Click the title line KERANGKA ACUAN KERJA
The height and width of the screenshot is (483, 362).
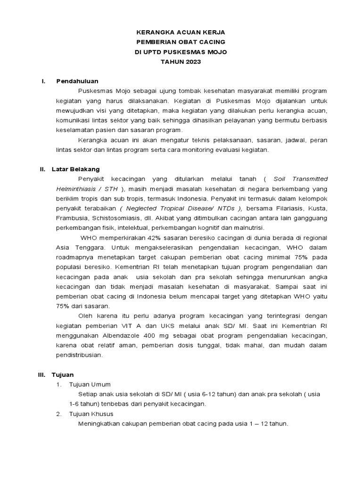click(x=181, y=33)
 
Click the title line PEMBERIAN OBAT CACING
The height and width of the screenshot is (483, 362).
click(x=181, y=42)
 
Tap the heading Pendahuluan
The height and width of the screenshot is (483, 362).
click(x=77, y=81)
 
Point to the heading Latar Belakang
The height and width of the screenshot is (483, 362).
click(x=75, y=169)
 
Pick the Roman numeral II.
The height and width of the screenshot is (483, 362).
click(x=42, y=169)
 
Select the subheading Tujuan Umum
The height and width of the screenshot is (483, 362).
click(x=90, y=384)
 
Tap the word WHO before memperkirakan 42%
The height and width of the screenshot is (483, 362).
click(x=90, y=237)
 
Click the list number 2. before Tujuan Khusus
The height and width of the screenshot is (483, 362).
click(x=59, y=414)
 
